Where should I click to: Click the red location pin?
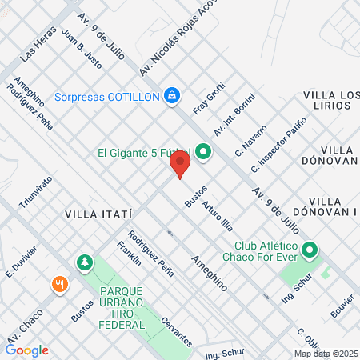pos(180,165)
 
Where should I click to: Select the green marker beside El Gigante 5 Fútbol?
pos(203,150)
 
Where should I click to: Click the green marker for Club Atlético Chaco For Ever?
pos(310,251)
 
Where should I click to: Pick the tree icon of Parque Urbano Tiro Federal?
pos(83,262)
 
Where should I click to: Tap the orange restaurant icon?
pos(59,284)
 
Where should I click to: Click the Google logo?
pos(26,350)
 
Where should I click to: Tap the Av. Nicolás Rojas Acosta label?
pos(178,38)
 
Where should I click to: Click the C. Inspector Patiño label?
pos(278,145)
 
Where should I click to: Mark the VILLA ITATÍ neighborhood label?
pos(98,214)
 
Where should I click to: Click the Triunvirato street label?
pos(30,192)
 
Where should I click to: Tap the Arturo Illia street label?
pos(217,214)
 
